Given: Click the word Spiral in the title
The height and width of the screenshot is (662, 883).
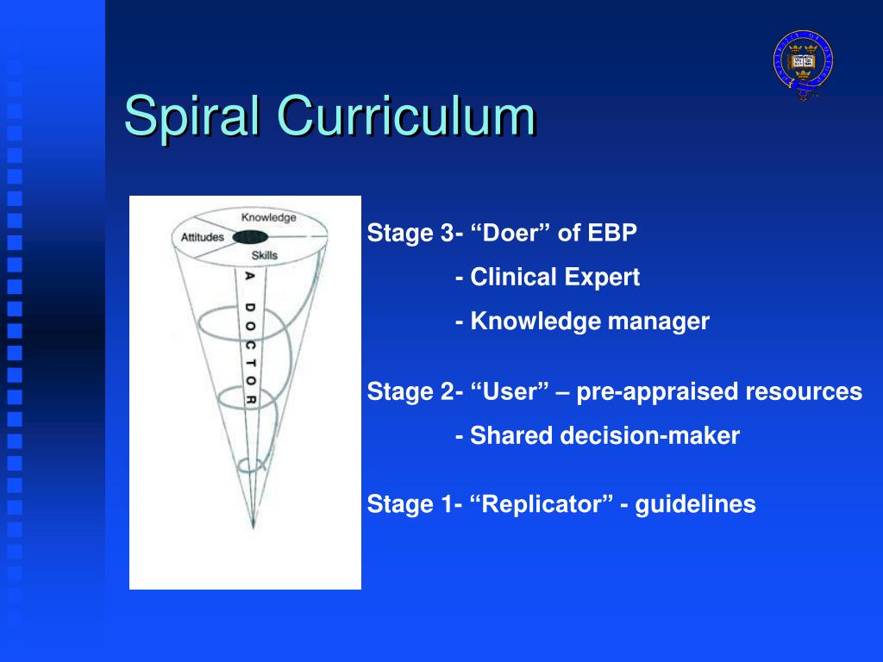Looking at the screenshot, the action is pos(192,116).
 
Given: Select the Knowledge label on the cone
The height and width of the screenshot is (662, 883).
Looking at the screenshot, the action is pos(269,217).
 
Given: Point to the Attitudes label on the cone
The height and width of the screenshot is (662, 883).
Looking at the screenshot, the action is pos(202,237).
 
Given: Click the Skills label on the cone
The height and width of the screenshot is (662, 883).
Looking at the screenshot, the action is pos(265,255).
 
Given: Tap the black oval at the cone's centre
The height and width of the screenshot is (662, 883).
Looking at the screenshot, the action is pos(250,237).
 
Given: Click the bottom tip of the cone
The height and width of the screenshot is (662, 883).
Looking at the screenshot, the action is pos(253,528).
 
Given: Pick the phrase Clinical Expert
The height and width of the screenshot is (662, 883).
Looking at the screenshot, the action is pos(554,277).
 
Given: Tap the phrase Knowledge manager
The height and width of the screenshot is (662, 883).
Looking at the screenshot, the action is pos(590,321).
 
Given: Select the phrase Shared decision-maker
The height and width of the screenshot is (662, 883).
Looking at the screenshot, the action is pos(604,435).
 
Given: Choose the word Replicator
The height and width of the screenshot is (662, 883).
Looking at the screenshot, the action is pos(547,503).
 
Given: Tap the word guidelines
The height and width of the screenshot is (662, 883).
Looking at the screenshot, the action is pos(696,503).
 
